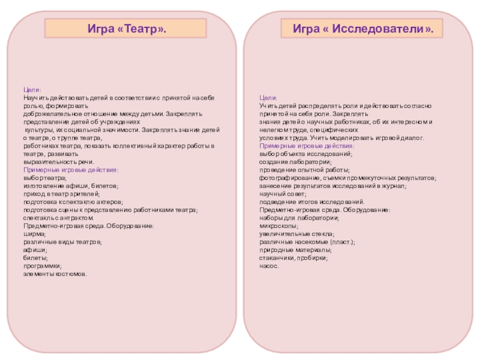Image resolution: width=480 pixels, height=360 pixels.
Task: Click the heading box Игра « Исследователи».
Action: [x=362, y=28]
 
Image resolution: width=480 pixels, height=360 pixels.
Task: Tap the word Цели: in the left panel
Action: [x=32, y=89]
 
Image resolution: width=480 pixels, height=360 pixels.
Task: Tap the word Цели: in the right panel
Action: [x=268, y=97]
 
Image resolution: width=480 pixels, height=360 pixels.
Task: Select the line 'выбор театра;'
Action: [x=45, y=178]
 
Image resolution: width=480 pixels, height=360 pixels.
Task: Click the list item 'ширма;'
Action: [x=34, y=234]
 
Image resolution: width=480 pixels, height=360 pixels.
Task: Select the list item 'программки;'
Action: [x=42, y=266]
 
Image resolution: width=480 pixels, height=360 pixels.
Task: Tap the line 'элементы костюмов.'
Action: [x=55, y=274]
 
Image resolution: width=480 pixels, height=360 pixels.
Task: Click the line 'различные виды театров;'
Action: [x=62, y=242]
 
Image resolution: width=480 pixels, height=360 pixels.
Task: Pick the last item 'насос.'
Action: [x=269, y=265]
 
